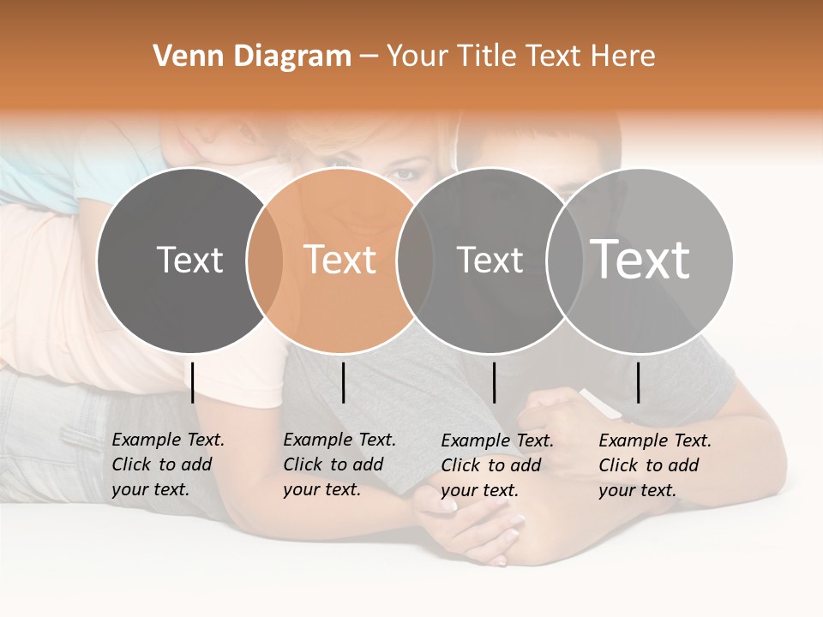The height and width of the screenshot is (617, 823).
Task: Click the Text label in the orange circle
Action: click(340, 260)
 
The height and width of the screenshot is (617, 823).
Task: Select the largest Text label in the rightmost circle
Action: click(640, 259)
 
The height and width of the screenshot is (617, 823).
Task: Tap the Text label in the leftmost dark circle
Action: click(189, 260)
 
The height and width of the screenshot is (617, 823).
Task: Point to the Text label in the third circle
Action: click(490, 260)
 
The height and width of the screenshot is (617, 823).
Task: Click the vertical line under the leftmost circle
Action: click(193, 382)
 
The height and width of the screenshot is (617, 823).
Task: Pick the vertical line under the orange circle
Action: click(343, 382)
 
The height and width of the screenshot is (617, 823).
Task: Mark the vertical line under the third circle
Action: click(494, 382)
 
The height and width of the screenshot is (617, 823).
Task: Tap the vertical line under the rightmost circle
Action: click(639, 382)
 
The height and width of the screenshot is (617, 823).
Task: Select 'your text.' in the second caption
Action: click(321, 489)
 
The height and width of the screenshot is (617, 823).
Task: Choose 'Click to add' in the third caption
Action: click(490, 465)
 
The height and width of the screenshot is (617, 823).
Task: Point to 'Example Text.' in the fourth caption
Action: click(655, 440)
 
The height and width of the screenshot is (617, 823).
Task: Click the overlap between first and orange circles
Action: click(265, 260)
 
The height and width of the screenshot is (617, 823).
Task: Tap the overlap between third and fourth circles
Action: click(565, 260)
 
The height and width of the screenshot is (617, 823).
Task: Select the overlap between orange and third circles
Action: click(415, 260)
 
